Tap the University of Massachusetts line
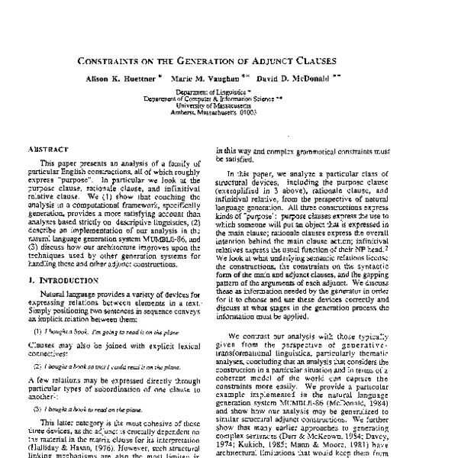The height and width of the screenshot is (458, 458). coord(229,104)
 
